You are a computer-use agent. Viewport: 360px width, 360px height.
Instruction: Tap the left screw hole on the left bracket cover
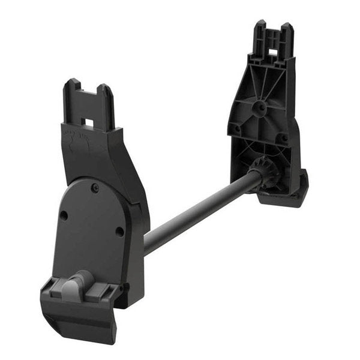click(x=64, y=215)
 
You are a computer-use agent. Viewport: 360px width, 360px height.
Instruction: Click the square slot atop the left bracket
click(x=88, y=123)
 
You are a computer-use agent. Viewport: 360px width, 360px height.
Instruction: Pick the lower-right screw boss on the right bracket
click(x=281, y=138)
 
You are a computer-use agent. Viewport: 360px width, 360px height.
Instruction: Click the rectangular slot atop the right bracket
click(x=274, y=52)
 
